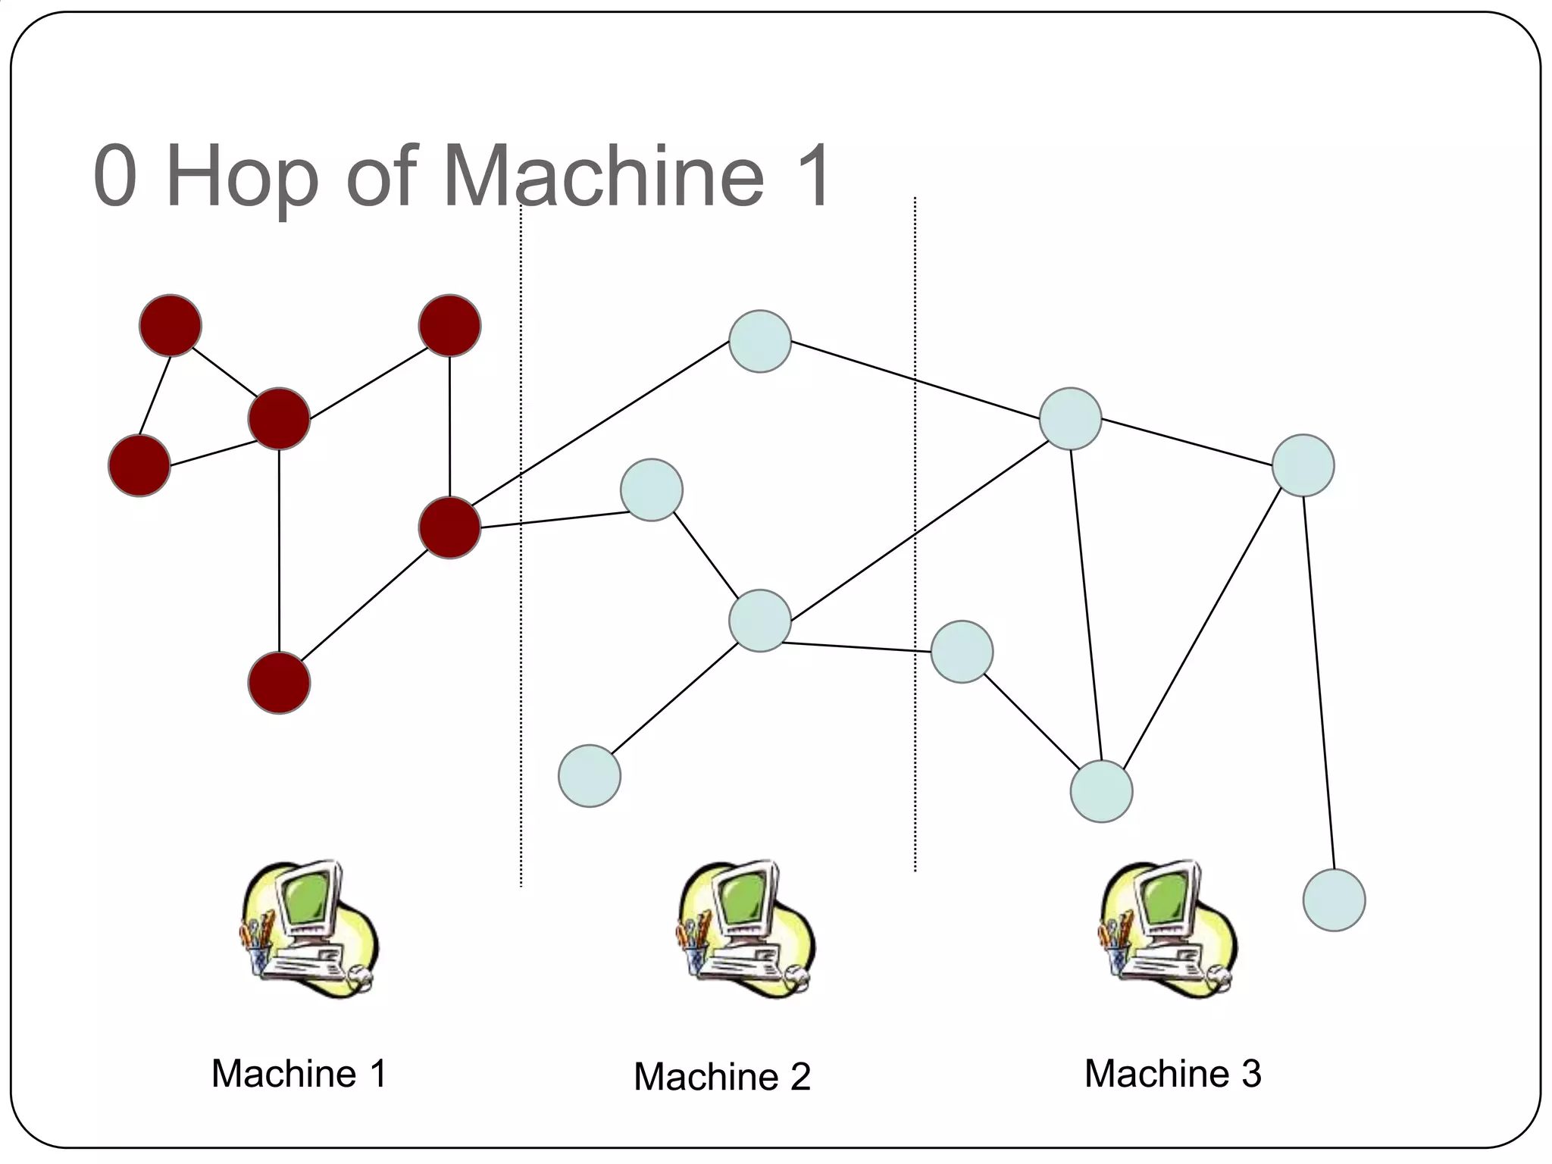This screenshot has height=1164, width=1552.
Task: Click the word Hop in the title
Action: click(241, 178)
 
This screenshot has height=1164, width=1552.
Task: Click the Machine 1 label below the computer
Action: click(299, 1073)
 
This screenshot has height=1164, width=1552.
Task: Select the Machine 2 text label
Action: click(721, 1076)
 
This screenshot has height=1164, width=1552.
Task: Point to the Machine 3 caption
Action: click(1172, 1073)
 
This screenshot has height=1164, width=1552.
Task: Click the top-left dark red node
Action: click(171, 326)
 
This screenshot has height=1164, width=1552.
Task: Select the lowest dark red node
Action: click(279, 683)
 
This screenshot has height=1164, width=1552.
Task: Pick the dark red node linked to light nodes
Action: click(449, 527)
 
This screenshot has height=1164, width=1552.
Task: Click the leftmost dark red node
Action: click(139, 465)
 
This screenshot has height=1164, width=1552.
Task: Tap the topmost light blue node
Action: click(760, 341)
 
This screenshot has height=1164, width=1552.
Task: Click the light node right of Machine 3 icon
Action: click(1334, 900)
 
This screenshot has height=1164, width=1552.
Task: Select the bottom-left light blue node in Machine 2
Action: click(590, 775)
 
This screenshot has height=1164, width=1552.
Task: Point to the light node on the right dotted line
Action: click(962, 652)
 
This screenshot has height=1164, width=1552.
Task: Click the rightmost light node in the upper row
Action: click(1303, 465)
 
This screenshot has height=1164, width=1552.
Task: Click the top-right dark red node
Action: click(449, 326)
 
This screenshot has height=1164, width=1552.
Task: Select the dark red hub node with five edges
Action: click(279, 419)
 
